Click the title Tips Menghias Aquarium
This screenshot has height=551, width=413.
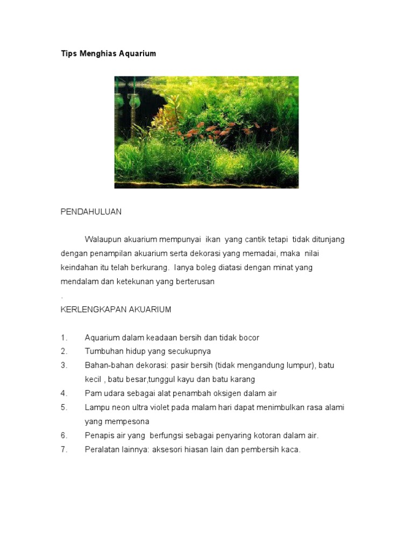[x=108, y=54]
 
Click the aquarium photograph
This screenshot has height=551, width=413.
[x=206, y=132]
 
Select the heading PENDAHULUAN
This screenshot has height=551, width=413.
[x=91, y=212]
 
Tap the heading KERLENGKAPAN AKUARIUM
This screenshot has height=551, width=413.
[x=116, y=309]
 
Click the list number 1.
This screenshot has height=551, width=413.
[x=64, y=338]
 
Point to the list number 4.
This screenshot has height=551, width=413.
[x=64, y=393]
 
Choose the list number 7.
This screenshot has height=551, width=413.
[x=64, y=449]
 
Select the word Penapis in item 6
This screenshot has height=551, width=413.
[x=99, y=435]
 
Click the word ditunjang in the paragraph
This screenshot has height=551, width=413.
[x=324, y=239]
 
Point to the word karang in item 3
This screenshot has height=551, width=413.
[x=243, y=379]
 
